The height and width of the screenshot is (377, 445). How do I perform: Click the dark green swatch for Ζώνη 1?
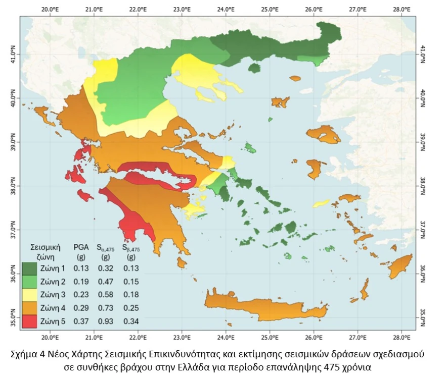click(30, 268)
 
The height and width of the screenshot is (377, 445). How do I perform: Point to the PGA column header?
click(81, 247)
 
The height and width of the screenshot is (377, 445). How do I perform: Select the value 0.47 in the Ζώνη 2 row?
click(106, 282)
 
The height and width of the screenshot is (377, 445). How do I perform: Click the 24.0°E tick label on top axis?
click(226, 9)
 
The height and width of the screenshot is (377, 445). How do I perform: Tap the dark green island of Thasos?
click(254, 67)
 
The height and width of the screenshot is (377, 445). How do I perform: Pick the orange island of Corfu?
click(45, 115)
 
